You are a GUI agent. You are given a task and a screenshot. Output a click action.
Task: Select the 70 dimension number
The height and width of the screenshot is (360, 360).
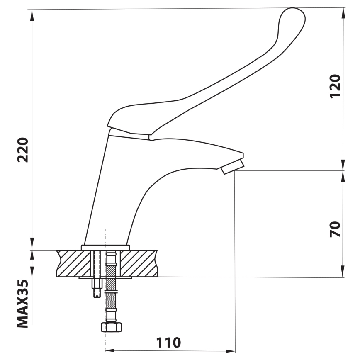[335, 229]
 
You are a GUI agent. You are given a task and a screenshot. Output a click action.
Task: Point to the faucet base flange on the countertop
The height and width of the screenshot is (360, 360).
[105, 248]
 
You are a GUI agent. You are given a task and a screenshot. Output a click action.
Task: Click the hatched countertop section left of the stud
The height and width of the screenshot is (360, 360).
[73, 263]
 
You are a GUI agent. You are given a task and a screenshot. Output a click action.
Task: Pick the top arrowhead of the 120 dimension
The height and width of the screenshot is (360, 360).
[344, 12]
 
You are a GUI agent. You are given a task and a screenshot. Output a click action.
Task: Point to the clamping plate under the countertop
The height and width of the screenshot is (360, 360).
[105, 278]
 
